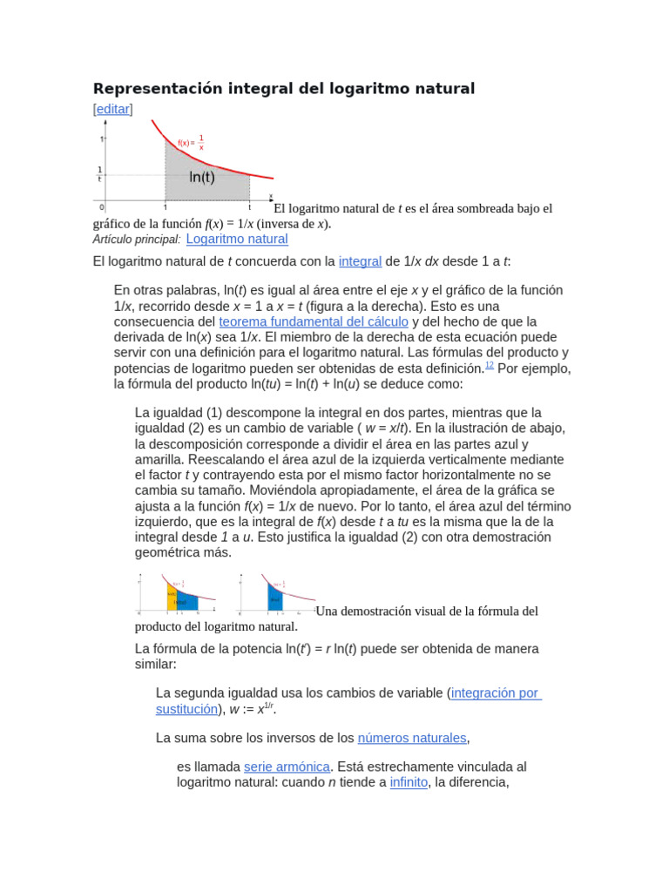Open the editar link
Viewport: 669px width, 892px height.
[112, 109]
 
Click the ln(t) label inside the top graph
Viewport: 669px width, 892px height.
[202, 177]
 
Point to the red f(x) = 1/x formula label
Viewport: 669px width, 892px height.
[191, 142]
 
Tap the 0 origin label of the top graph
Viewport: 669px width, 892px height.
[102, 207]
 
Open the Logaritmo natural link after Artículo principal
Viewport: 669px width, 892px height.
[237, 239]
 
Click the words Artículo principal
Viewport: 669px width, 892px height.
[137, 240]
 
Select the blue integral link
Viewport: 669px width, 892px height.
[360, 261]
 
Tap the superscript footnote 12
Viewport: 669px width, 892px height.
[490, 366]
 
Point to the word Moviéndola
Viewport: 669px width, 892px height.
[233, 490]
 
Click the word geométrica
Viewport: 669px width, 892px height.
[170, 552]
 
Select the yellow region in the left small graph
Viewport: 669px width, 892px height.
[172, 598]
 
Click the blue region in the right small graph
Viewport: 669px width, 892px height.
[275, 599]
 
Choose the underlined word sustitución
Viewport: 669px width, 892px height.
[186, 709]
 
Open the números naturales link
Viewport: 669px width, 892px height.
[412, 738]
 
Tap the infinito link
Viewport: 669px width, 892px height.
[409, 782]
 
